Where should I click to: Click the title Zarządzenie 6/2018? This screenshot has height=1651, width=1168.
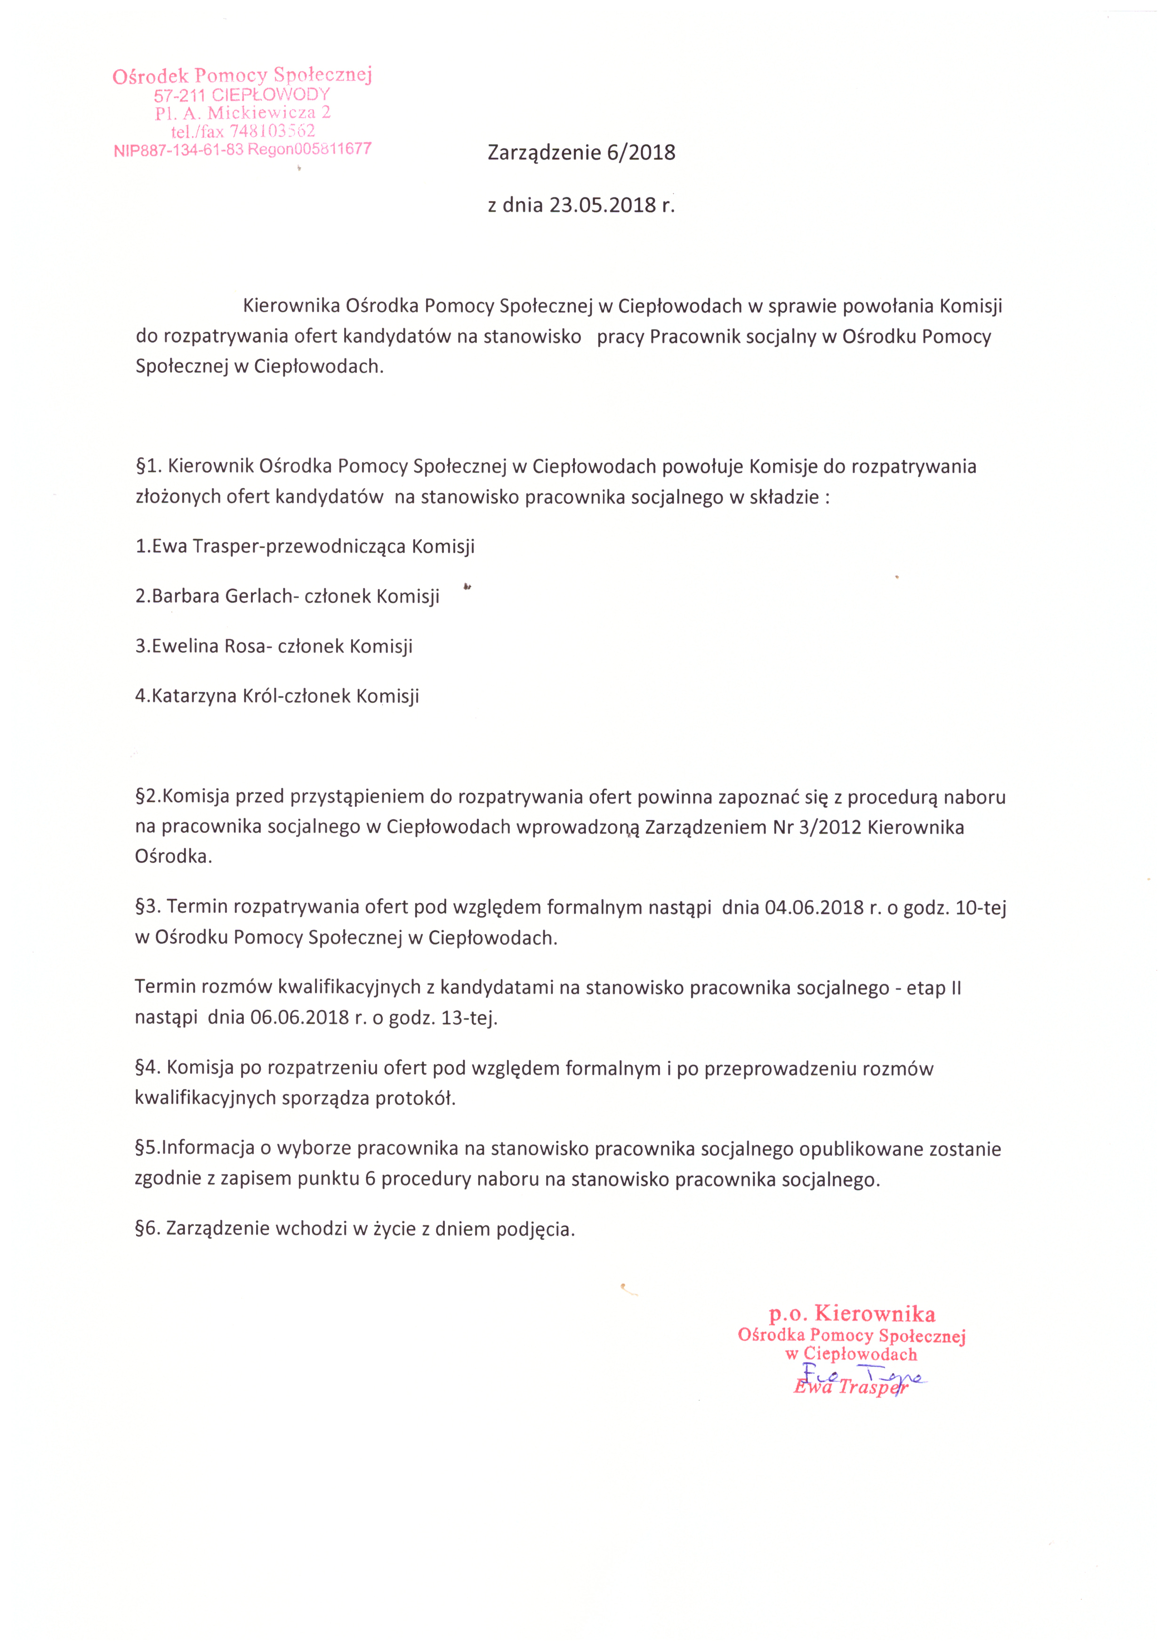point(581,153)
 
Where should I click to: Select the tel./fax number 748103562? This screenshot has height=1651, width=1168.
point(272,131)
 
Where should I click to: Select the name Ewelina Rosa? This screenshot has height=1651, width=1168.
point(209,646)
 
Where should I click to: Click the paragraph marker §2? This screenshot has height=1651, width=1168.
point(147,797)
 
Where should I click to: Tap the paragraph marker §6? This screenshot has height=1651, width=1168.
point(147,1228)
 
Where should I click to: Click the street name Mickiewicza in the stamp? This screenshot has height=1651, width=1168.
point(261,113)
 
